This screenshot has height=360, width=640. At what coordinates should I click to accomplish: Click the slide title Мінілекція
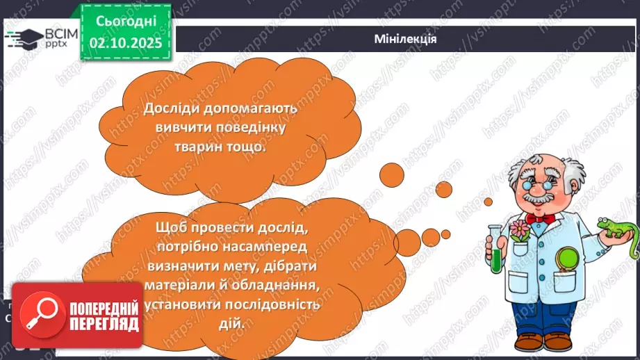coord(404,39)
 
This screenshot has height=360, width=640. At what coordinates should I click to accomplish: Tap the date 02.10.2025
coord(126,43)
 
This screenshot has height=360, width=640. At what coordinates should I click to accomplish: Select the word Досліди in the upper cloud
coord(173,110)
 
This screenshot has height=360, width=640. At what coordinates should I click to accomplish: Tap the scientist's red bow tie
coord(540,220)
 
